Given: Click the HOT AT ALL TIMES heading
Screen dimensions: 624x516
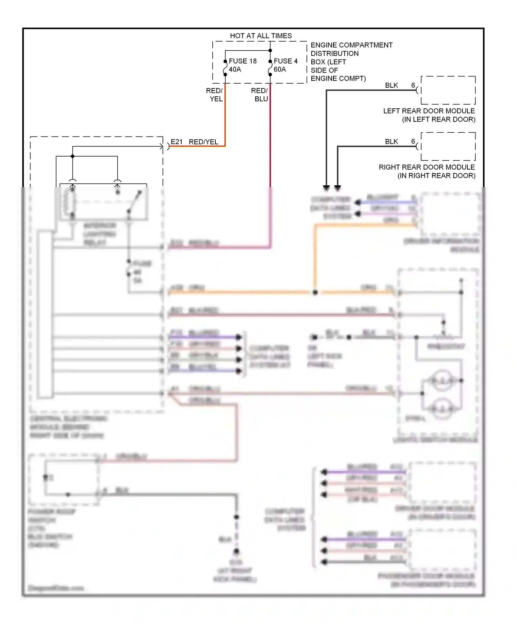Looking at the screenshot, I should [261, 36].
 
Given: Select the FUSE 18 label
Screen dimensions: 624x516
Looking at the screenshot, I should [243, 61].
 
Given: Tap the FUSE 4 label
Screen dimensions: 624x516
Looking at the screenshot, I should [286, 61].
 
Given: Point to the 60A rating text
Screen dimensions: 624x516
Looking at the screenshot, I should [280, 69].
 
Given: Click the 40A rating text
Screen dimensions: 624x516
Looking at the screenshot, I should [235, 69].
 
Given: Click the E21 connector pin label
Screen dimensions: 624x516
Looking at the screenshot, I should [176, 142].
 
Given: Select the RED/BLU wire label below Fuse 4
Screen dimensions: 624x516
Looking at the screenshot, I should [260, 95].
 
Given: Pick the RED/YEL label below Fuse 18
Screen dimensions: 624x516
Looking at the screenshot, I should [215, 95].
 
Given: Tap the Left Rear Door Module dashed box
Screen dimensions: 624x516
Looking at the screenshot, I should [448, 90].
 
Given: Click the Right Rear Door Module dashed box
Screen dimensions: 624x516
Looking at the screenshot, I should [448, 146].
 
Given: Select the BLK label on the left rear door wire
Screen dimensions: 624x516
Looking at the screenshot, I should [391, 85].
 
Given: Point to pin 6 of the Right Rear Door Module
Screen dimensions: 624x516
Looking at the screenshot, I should [413, 141].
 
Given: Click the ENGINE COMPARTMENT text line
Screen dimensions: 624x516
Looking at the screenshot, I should [351, 45].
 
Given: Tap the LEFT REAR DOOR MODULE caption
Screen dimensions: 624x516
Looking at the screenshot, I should [429, 111].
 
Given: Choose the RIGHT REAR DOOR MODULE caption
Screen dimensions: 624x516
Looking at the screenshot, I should [427, 167].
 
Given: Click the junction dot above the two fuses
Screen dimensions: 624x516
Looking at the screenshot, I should [270, 51].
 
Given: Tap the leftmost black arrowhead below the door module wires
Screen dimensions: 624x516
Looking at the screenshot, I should [326, 188].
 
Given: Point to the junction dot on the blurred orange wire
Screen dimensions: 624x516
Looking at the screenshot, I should [315, 292].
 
